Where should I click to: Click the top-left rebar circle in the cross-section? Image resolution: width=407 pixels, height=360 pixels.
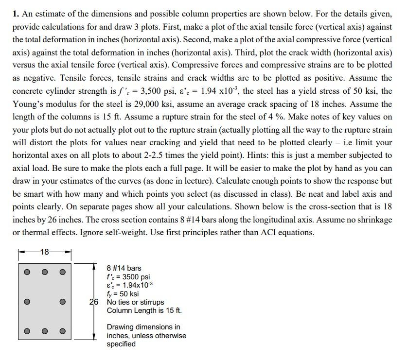(28, 272)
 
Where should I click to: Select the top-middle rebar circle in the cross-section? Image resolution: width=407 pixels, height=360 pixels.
(45, 272)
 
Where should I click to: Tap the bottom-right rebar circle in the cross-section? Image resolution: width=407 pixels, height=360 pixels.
(62, 332)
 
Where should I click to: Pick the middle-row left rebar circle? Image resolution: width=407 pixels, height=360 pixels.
(28, 302)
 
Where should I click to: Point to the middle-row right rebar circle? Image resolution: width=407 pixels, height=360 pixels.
(62, 302)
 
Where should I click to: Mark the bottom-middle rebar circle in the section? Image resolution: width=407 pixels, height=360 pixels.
(45, 332)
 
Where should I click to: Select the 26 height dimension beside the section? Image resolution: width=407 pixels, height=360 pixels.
(94, 302)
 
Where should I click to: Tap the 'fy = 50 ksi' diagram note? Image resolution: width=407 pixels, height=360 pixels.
(123, 293)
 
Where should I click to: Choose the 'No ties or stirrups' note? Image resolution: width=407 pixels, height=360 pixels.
(135, 302)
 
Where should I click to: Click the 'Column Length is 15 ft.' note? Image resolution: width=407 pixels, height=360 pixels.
(144, 310)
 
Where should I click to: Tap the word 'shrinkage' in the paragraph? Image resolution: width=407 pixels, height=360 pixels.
(374, 219)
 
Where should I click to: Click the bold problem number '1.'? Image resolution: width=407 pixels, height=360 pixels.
(16, 14)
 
